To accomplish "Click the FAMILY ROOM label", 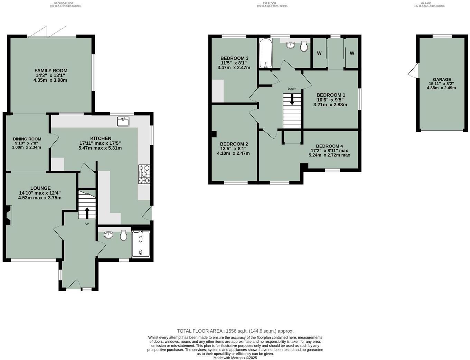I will click(x=51, y=71).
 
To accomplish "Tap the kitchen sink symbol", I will click(x=123, y=121).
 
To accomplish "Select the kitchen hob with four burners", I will click(x=144, y=174).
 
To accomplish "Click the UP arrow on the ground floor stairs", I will click(x=86, y=213).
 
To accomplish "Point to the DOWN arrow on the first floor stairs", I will click(x=292, y=100).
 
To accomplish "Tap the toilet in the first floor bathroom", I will click(x=304, y=47).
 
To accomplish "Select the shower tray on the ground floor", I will click(x=141, y=244).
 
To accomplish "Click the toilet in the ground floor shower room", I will click(x=123, y=236).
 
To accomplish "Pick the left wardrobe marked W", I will click(x=319, y=53).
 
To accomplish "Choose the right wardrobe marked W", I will click(x=352, y=53).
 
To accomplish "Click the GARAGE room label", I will click(x=442, y=80).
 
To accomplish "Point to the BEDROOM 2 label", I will click(x=234, y=144).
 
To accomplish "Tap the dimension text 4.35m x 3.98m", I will click(x=51, y=80).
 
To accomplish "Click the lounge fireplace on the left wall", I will click(x=8, y=215).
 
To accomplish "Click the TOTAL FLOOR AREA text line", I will click(x=235, y=331).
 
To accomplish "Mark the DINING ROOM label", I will click(x=27, y=138).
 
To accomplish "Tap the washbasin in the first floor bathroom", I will click(x=291, y=44).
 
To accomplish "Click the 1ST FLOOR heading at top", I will click(x=269, y=3).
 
